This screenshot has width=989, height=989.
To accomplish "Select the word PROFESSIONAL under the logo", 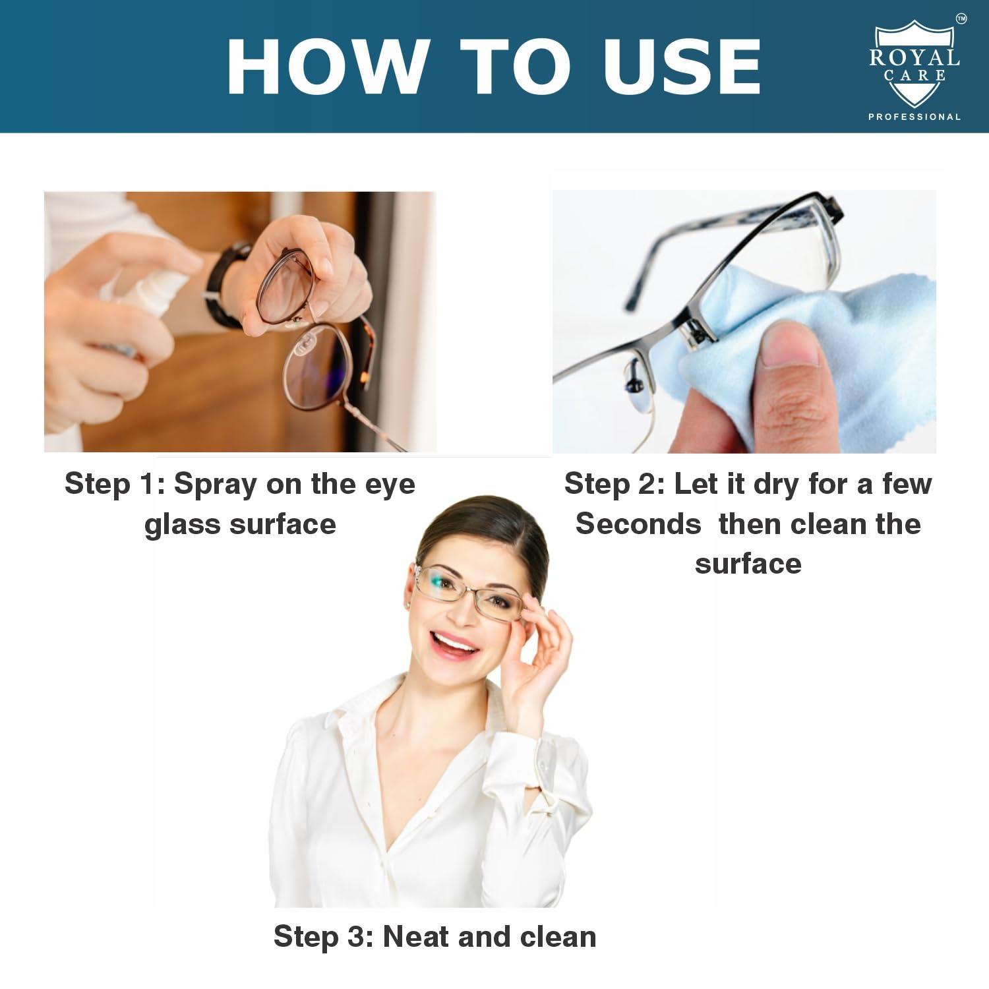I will (914, 117).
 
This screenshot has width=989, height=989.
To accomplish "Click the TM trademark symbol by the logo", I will (961, 20).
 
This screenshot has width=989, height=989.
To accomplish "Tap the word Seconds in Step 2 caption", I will (638, 524).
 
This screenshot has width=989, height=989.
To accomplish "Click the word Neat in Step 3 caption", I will (415, 936).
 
